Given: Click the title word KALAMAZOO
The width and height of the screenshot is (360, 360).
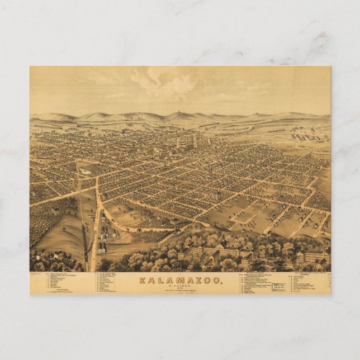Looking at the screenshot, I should pos(180,280).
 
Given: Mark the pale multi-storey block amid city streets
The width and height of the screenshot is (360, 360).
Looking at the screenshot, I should pos(216,196).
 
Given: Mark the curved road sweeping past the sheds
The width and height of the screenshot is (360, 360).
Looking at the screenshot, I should pos(134,227).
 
